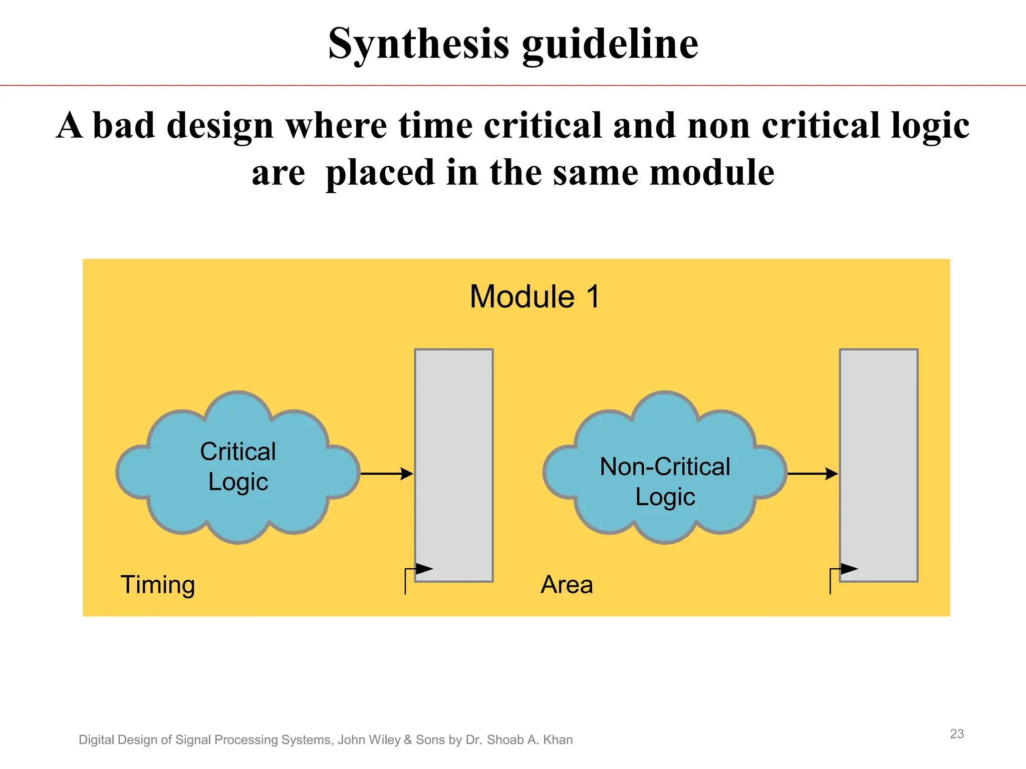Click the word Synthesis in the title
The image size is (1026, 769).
point(418,44)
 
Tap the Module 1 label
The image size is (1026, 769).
point(534,296)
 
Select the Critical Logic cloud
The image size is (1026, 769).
point(238,467)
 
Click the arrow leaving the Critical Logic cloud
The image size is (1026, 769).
point(386,473)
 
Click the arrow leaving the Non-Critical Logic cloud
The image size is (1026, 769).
point(812,473)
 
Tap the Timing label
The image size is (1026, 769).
point(158,584)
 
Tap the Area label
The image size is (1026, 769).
point(567,584)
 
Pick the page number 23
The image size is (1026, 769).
point(957,733)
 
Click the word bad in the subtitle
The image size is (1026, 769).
point(123,125)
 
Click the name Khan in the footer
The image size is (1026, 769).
point(558,739)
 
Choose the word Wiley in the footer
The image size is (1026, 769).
point(385,739)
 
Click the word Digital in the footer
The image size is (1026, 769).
point(96,739)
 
